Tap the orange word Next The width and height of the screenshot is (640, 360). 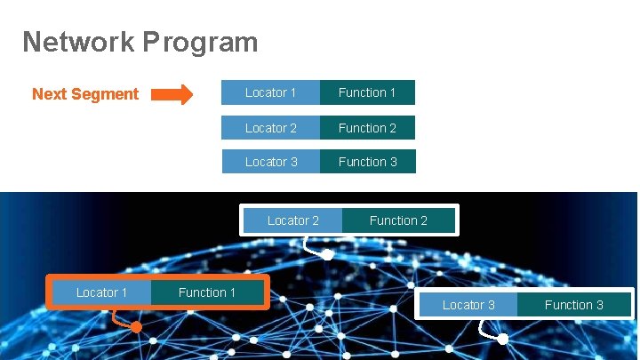tap(50, 94)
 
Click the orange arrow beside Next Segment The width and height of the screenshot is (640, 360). tap(174, 94)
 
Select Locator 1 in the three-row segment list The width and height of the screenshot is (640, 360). tap(271, 92)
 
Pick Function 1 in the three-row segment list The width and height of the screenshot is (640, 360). tap(367, 92)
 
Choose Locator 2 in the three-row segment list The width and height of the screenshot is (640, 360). tap(271, 128)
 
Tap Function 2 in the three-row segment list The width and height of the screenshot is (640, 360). tap(367, 128)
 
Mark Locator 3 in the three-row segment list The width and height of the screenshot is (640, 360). tap(271, 162)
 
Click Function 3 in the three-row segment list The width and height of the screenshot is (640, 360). tap(367, 162)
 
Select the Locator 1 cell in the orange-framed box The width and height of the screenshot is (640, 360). tap(101, 292)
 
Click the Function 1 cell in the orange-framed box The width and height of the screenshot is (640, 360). tap(207, 292)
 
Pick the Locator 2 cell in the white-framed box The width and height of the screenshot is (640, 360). tap(292, 220)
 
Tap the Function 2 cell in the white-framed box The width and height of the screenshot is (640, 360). tap(398, 220)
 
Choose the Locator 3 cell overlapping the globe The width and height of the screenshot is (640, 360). tap(468, 305)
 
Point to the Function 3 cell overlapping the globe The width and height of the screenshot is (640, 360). tap(573, 305)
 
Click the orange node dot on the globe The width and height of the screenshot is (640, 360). tap(136, 327)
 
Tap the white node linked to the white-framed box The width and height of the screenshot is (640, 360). tap(327, 255)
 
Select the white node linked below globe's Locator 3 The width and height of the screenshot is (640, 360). tap(502, 340)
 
